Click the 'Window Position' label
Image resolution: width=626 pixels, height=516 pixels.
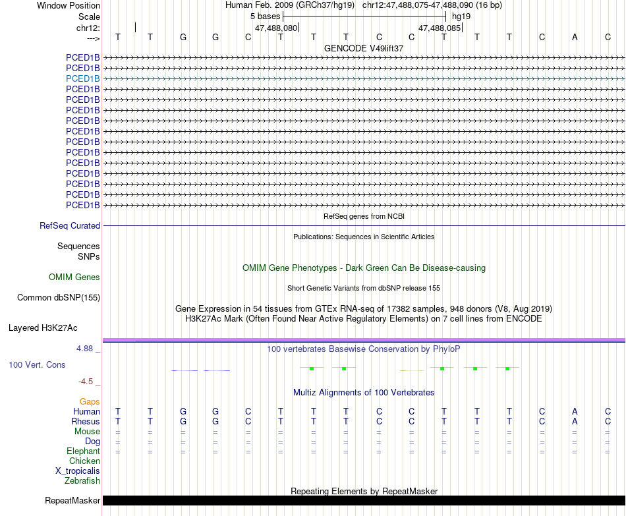click(69, 5)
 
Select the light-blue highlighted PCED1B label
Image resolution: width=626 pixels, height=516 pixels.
click(83, 78)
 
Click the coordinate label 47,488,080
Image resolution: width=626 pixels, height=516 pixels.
click(276, 28)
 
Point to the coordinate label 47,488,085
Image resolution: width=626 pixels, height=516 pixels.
click(440, 28)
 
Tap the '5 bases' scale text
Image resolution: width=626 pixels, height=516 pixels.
click(265, 16)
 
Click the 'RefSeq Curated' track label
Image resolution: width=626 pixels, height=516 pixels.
click(70, 225)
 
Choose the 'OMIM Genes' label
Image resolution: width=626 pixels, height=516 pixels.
click(74, 277)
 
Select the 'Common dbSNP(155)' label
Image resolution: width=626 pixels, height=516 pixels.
click(59, 298)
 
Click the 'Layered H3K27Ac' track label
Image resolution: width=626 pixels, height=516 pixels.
click(43, 328)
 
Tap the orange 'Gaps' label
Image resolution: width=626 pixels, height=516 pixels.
click(90, 401)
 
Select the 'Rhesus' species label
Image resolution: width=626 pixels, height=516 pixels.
click(86, 422)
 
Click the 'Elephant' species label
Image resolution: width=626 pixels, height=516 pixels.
click(83, 451)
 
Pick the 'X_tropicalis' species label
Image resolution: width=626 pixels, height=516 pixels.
click(78, 471)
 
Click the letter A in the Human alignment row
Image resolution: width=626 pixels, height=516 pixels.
click(575, 412)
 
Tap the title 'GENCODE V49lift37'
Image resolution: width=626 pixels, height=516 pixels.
click(364, 48)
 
